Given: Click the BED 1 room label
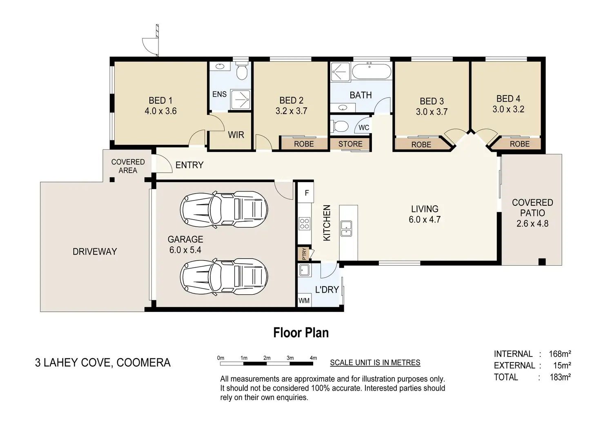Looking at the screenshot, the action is pos(160,100).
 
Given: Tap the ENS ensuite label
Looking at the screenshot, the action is pos(220,94).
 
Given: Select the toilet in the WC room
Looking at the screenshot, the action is pos(340,126).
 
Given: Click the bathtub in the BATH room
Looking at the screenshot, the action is pos(372,71).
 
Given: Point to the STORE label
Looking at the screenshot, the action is pos(350,144).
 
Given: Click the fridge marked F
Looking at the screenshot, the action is pos(306,192).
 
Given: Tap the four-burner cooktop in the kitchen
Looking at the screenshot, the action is pos(304,224).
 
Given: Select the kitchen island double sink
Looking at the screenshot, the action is pos(346,229).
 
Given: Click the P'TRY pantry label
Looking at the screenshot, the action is pos(304,254).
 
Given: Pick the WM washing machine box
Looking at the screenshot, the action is pos(304,300).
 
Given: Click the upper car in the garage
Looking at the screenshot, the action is pos(224,209).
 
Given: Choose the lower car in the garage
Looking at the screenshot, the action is pos(224,277).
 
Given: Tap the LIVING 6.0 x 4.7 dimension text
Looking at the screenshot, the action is pos(425,220).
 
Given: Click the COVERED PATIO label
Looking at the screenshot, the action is pos(532,208).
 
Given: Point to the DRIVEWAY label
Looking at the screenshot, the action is pos(95,251).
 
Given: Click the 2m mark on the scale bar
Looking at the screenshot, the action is pos(267,358).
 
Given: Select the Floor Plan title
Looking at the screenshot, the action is pos(301,333).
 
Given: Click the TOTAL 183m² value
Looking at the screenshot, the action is pos(560,377).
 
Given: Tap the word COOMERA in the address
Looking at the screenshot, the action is pos(144,363).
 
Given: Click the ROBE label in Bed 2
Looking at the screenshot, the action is pos(304,144).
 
